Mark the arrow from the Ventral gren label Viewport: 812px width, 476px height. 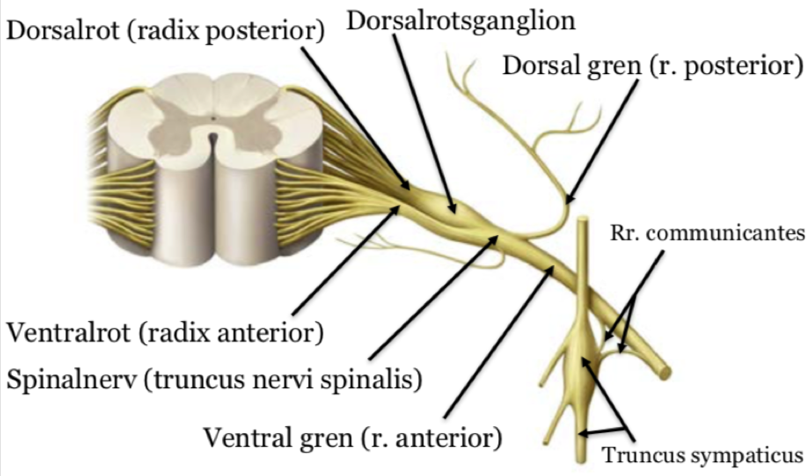(x=499, y=344)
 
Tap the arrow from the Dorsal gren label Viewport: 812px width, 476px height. (x=602, y=138)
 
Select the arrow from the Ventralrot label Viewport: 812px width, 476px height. (x=344, y=258)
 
